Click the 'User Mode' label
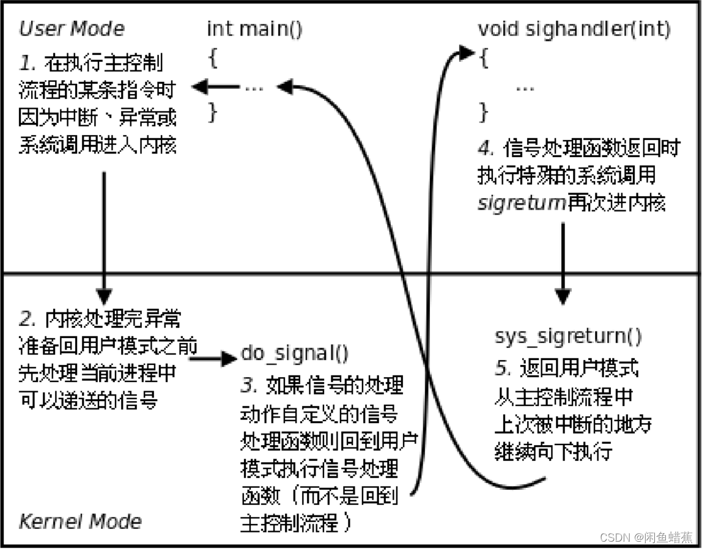[x=71, y=29]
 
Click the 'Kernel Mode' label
[x=80, y=521]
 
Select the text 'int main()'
[x=254, y=29]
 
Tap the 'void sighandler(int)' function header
[x=574, y=29]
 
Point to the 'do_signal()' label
[x=295, y=353]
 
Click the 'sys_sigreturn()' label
[x=568, y=336]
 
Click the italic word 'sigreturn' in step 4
[x=521, y=203]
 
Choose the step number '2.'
[x=28, y=319]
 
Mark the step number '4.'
[x=486, y=149]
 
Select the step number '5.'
[x=501, y=369]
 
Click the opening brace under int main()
[x=213, y=59]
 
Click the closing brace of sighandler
[x=484, y=112]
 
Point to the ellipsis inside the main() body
[x=254, y=87]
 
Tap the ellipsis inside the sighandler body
[x=525, y=87]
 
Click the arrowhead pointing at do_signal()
[x=229, y=358]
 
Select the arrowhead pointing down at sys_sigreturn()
[x=562, y=297]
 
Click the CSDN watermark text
[x=646, y=537]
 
